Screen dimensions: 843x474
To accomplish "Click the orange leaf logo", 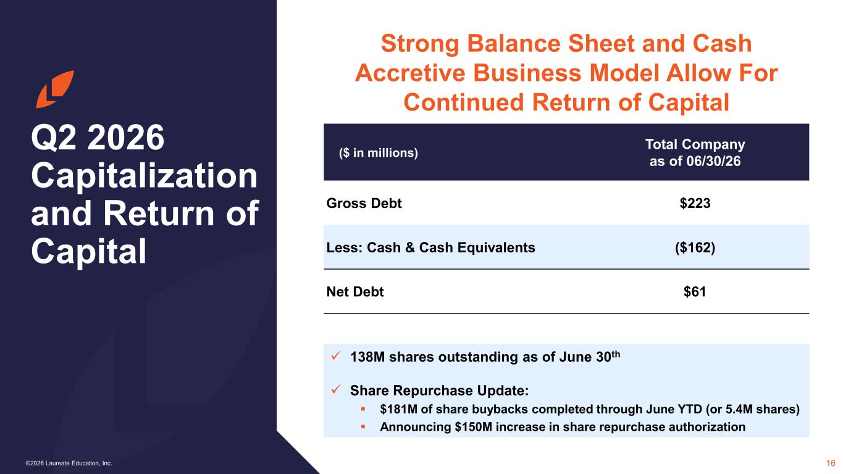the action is pyautogui.click(x=55, y=89).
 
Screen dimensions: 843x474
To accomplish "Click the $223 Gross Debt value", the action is pyautogui.click(x=695, y=203).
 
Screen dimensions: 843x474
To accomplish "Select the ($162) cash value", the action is pyautogui.click(x=695, y=247).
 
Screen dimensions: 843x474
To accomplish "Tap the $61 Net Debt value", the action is pyautogui.click(x=695, y=292).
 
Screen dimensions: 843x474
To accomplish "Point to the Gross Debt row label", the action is pyautogui.click(x=364, y=203).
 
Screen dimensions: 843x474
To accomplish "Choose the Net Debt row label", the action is pyautogui.click(x=355, y=292).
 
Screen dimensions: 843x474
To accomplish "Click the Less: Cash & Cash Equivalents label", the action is pyautogui.click(x=430, y=247).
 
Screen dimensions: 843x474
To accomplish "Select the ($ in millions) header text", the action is pyautogui.click(x=378, y=152).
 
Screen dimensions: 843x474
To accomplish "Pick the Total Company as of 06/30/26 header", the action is pyautogui.click(x=695, y=152).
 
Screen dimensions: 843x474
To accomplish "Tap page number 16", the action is pyautogui.click(x=831, y=463).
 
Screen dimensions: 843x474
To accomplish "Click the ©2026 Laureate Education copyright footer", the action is pyautogui.click(x=69, y=464).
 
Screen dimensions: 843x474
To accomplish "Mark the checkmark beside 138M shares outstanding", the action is pyautogui.click(x=336, y=355).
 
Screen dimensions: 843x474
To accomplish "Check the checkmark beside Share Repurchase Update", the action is pyautogui.click(x=336, y=389).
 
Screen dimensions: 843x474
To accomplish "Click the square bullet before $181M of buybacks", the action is pyautogui.click(x=363, y=409).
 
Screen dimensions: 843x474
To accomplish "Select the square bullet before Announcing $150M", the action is pyautogui.click(x=363, y=427).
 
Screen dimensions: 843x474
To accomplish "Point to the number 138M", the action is pyautogui.click(x=367, y=357).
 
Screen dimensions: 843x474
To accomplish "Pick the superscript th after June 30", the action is pyautogui.click(x=615, y=354).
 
